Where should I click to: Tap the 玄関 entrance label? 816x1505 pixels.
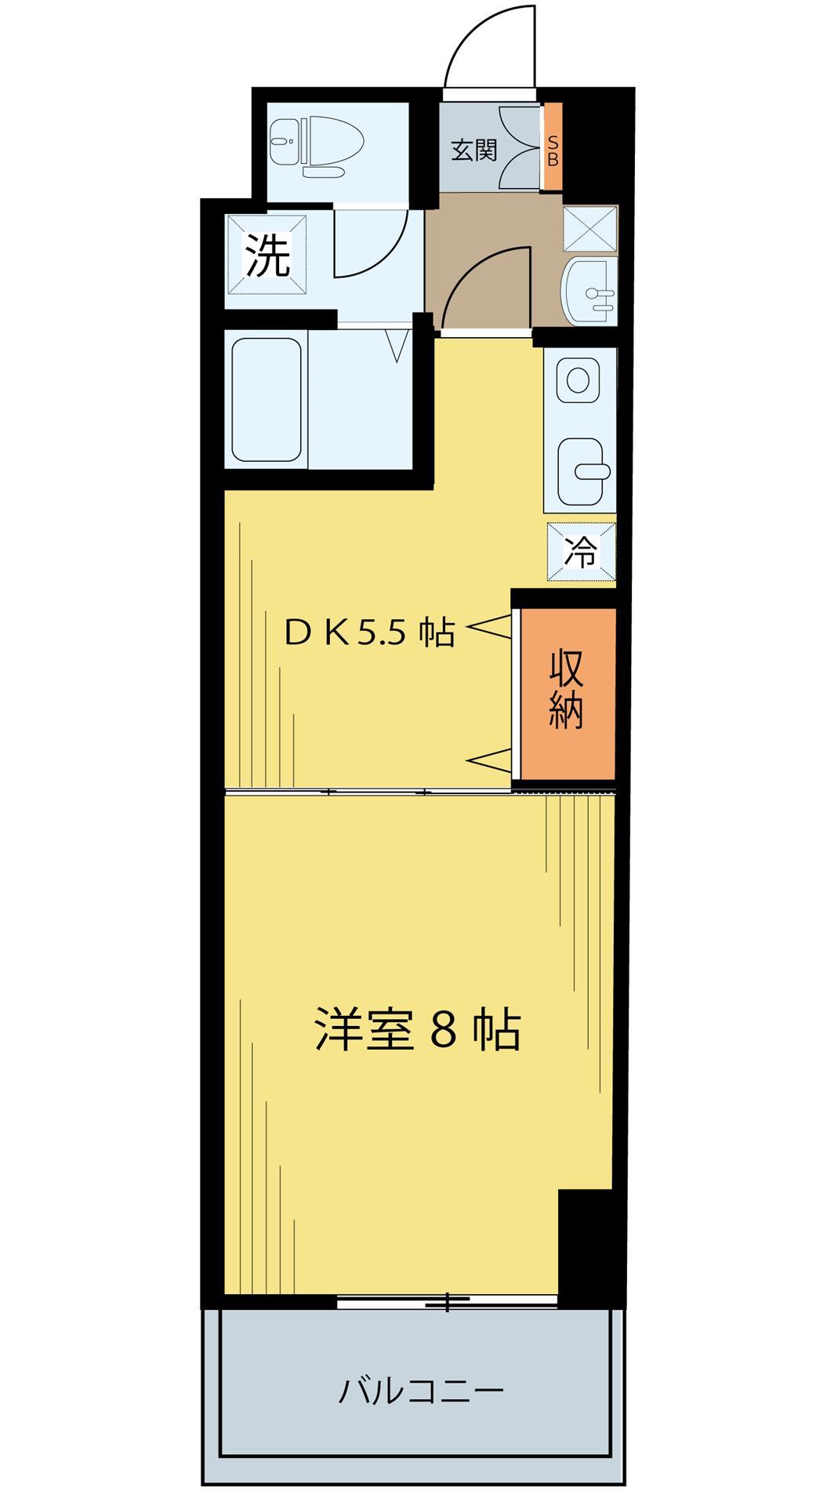(473, 150)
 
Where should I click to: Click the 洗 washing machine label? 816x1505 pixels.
(267, 256)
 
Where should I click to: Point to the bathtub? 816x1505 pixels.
(267, 401)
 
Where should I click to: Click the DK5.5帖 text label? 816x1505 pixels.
(368, 632)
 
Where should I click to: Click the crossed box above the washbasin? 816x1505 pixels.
(589, 228)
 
